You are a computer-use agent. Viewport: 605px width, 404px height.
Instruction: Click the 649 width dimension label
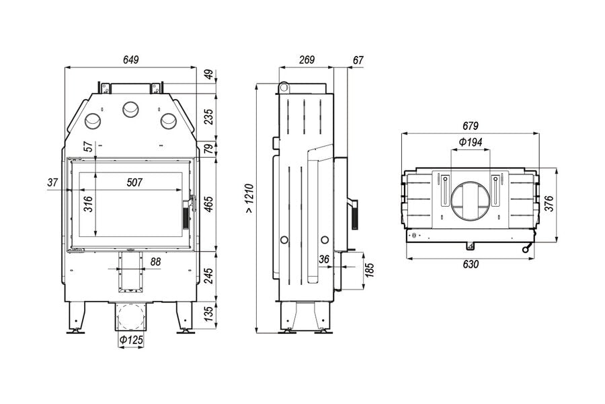(131, 60)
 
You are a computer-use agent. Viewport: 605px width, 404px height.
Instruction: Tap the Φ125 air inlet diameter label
(131, 340)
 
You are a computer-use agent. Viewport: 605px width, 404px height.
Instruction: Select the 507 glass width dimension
(134, 182)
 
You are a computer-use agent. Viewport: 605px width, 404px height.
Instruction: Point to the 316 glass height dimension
(88, 204)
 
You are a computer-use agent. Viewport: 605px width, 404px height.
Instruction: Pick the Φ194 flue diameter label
(471, 142)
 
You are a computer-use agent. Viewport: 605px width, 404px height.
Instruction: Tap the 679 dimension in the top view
(471, 126)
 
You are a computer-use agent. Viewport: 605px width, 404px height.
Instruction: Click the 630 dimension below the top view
(471, 264)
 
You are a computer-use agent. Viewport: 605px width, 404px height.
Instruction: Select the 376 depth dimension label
(549, 204)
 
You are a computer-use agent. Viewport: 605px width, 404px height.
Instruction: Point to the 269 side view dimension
(307, 60)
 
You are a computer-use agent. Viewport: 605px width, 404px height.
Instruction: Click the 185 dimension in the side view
(369, 270)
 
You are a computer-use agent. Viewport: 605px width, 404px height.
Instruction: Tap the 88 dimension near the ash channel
(155, 262)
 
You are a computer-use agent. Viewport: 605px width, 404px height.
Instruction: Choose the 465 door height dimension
(209, 204)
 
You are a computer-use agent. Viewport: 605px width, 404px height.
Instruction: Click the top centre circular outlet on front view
(130, 110)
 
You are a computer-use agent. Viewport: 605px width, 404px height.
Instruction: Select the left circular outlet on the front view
(93, 121)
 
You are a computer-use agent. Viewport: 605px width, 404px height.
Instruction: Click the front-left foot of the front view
(76, 318)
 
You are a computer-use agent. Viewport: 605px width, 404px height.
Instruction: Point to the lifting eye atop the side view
(284, 88)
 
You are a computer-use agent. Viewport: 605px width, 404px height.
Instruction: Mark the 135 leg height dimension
(209, 314)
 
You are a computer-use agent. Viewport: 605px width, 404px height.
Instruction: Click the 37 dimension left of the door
(53, 182)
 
